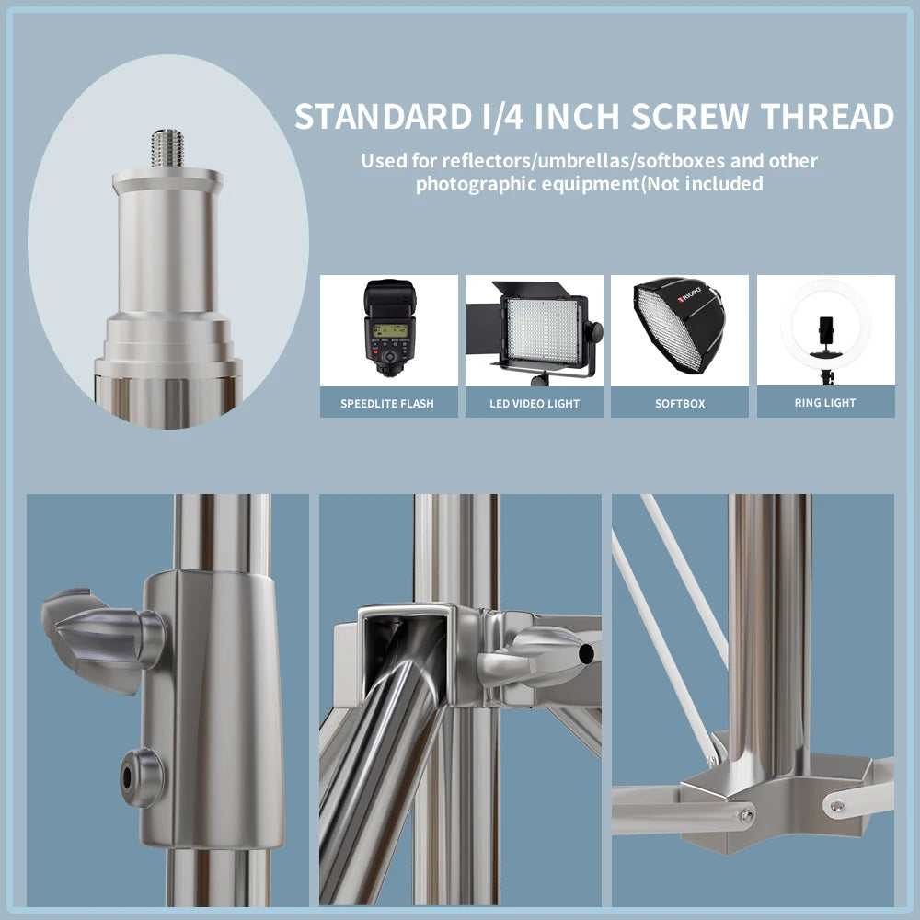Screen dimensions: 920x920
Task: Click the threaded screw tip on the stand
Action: click(x=167, y=148)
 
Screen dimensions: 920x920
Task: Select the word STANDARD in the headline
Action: click(x=383, y=116)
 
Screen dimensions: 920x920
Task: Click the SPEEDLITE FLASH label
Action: click(x=387, y=404)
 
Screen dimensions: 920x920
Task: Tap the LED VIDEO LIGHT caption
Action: click(x=535, y=404)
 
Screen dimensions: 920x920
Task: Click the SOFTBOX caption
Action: click(x=680, y=404)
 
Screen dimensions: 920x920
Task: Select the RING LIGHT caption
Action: click(x=825, y=403)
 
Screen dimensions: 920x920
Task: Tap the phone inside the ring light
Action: click(x=825, y=331)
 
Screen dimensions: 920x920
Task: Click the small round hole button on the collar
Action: click(x=140, y=777)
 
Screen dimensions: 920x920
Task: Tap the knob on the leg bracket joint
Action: click(x=537, y=655)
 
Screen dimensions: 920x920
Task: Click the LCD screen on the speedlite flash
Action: click(x=389, y=329)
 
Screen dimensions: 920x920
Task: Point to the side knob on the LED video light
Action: click(x=595, y=332)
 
